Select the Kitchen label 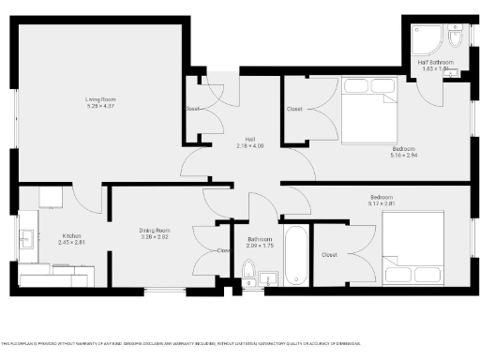pos(72,235)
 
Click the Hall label pos(250,139)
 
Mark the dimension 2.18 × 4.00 pos(250,145)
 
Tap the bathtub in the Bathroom pos(296,254)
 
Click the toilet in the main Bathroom pos(248,275)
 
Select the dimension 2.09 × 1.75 pos(260,246)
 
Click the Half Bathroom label pos(436,62)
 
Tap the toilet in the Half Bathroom pos(455,42)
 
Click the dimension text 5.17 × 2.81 pos(381,203)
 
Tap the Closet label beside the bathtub pos(329,254)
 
